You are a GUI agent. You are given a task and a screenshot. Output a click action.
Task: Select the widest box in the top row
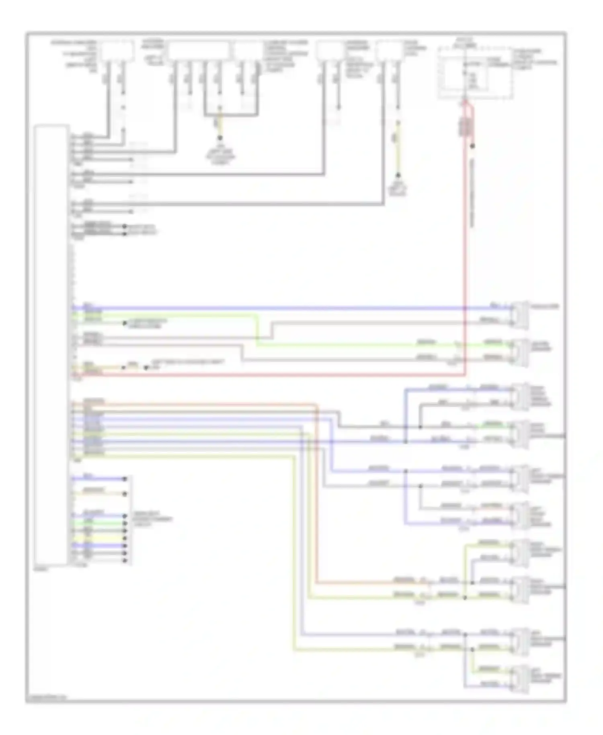coord(199,50)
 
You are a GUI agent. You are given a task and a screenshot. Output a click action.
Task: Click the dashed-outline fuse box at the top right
coord(475,73)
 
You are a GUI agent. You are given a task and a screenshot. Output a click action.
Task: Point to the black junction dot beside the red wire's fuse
coord(473,146)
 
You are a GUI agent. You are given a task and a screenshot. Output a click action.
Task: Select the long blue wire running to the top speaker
coord(281,308)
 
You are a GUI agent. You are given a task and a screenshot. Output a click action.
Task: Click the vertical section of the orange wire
coord(317,495)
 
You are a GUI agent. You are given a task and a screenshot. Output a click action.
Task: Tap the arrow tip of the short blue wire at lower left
coord(125,479)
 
